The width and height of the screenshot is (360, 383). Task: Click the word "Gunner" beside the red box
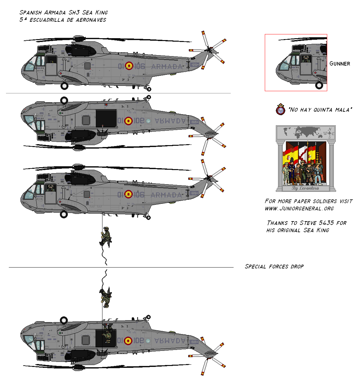click(x=340, y=64)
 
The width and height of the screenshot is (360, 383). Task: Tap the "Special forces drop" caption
click(x=274, y=267)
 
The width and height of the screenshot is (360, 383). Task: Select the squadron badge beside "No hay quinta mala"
click(x=280, y=109)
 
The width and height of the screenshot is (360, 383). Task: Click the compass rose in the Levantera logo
click(x=329, y=133)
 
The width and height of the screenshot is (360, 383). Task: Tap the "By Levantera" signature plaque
click(x=305, y=188)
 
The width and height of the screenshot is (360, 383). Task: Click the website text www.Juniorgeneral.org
click(x=299, y=209)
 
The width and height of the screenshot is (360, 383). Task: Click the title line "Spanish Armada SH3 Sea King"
click(x=63, y=13)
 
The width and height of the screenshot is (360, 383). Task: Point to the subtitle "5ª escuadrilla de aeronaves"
click(x=62, y=20)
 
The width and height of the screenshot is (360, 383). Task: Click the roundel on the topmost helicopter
click(x=129, y=66)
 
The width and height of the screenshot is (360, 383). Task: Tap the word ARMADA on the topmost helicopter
click(x=167, y=67)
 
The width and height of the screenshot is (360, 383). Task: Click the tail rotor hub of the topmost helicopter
click(x=209, y=50)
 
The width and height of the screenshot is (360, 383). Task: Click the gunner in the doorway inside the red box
click(x=305, y=59)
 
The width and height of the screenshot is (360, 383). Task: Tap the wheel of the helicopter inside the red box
click(x=319, y=85)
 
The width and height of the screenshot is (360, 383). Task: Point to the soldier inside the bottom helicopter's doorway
click(x=107, y=335)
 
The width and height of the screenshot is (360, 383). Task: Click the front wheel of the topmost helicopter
click(x=64, y=85)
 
